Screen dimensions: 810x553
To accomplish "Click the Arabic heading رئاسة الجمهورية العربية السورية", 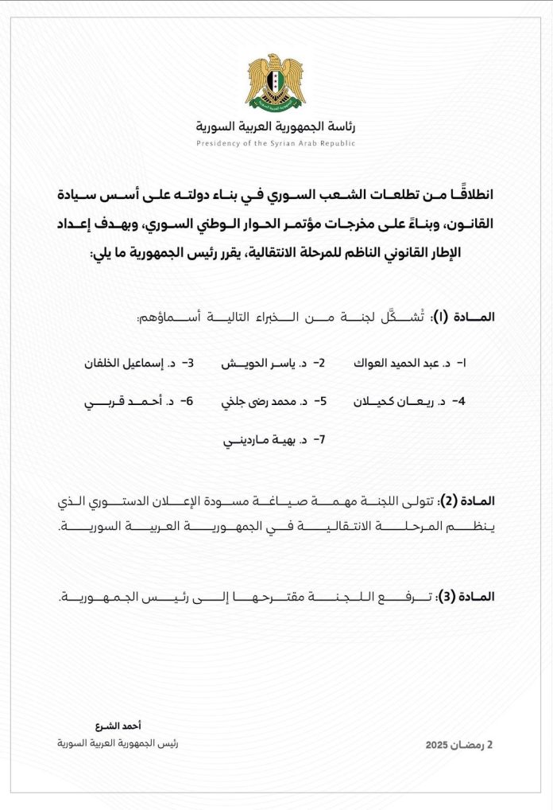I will pos(276,127).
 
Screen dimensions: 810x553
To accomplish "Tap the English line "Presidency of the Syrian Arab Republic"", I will pos(276,143).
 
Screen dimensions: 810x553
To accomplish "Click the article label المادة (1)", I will pos(470,317).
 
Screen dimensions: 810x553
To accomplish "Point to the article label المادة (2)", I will pos(470,501).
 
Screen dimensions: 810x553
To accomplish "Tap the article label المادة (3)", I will pos(470,596).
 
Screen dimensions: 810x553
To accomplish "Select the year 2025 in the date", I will pos(437,746).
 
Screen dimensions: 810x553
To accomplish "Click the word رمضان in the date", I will pos(468,746).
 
